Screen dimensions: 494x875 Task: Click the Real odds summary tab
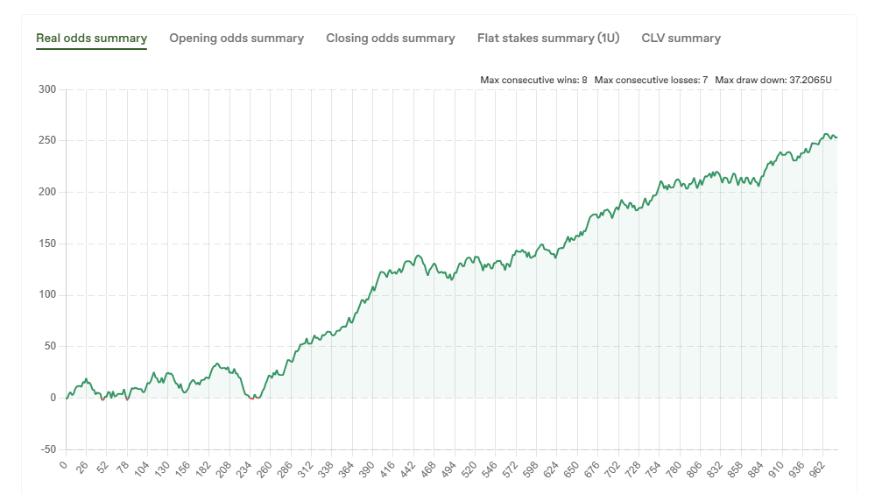pos(91,39)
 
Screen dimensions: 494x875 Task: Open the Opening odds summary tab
pos(236,39)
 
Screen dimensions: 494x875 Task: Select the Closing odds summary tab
pos(391,39)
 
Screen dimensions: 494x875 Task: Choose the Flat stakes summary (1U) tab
pos(548,39)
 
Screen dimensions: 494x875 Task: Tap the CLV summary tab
pos(681,39)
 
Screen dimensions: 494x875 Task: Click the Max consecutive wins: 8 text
pos(533,80)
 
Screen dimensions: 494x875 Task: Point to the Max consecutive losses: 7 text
pos(651,80)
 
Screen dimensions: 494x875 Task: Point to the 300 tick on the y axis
pos(47,89)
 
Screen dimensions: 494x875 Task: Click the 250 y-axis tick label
pos(47,141)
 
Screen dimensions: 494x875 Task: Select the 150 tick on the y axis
pos(47,243)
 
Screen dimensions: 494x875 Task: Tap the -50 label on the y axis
pos(46,449)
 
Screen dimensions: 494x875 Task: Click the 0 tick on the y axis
pos(53,398)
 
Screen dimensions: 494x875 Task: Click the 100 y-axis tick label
pos(47,295)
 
